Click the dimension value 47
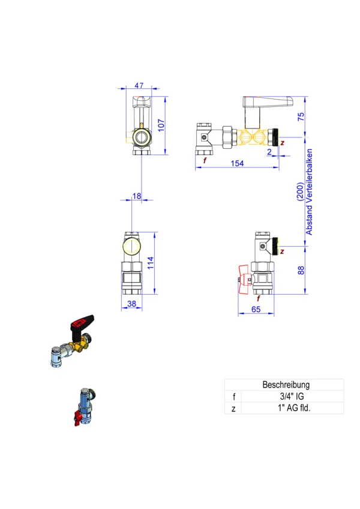coord(139,85)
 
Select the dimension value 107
coord(161,125)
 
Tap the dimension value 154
coord(237,163)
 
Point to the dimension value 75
coord(301,116)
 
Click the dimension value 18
coord(137,196)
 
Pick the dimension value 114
coord(151,263)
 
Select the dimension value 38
coord(131,304)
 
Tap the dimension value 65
coord(256,309)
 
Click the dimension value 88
coord(301,270)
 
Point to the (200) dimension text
coord(301,191)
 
